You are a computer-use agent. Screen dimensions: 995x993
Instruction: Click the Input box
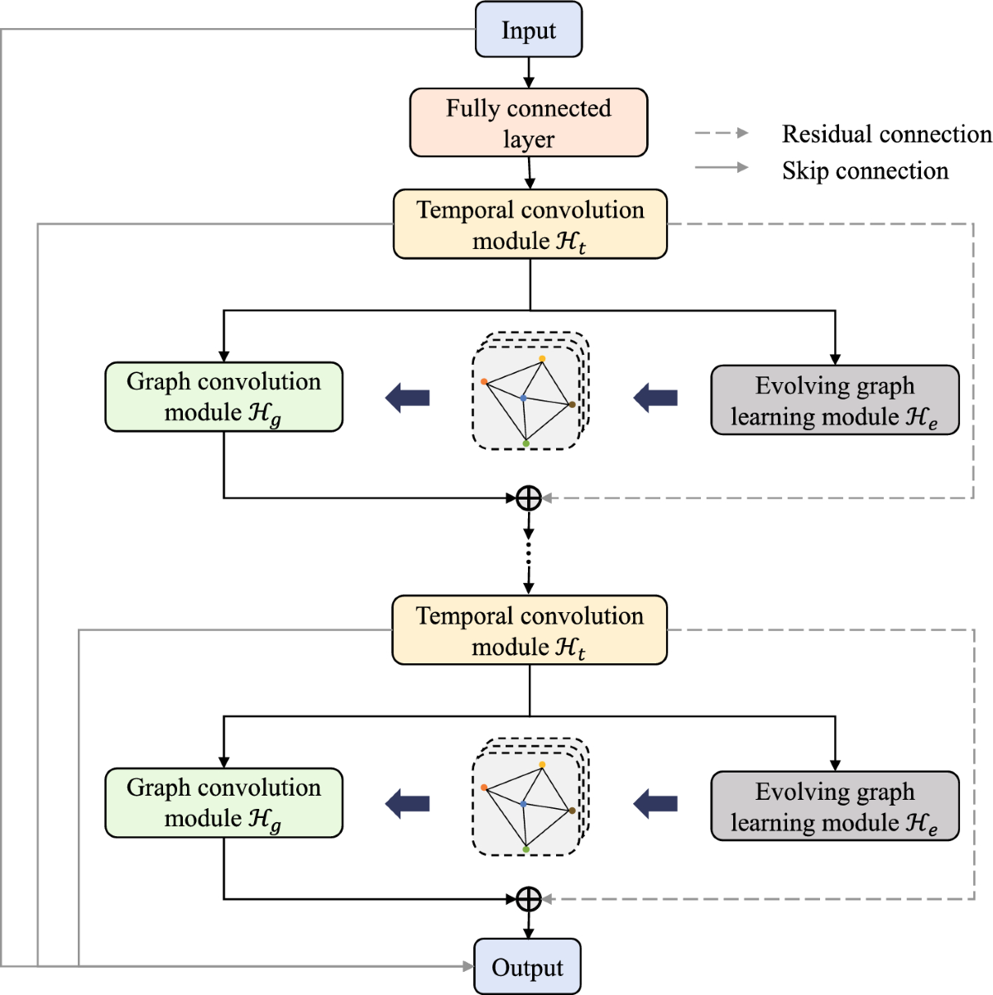click(x=528, y=30)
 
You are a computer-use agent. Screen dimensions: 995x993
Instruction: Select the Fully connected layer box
click(x=528, y=122)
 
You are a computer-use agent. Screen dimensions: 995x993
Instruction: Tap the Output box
click(x=527, y=966)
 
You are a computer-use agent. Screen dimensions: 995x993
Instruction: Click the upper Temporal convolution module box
click(x=530, y=224)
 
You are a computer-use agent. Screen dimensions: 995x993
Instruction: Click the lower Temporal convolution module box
click(x=530, y=630)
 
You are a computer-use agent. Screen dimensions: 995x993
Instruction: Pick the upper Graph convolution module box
click(x=223, y=397)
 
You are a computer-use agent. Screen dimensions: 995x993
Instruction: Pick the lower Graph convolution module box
click(x=223, y=803)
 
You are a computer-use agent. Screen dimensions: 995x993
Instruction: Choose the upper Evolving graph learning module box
click(x=835, y=400)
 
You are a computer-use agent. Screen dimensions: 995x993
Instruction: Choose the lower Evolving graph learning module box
click(x=835, y=806)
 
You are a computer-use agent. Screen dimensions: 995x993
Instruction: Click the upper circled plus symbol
click(x=529, y=498)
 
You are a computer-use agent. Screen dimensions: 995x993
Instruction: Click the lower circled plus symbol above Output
click(x=529, y=899)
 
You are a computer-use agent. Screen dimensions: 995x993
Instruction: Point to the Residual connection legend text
click(x=886, y=134)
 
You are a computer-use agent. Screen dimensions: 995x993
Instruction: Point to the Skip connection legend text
click(x=865, y=171)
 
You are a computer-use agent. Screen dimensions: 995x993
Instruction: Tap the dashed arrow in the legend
click(x=722, y=133)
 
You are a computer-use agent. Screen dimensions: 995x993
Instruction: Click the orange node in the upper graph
click(x=484, y=381)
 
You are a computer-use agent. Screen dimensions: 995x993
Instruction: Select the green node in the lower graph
click(x=526, y=849)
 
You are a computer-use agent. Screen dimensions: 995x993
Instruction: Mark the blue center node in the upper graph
click(x=523, y=398)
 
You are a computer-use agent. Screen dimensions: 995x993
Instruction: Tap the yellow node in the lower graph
click(x=542, y=764)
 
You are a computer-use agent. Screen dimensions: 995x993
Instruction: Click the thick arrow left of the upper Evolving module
click(x=655, y=398)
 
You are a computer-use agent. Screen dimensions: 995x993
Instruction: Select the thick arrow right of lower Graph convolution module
click(x=407, y=803)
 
